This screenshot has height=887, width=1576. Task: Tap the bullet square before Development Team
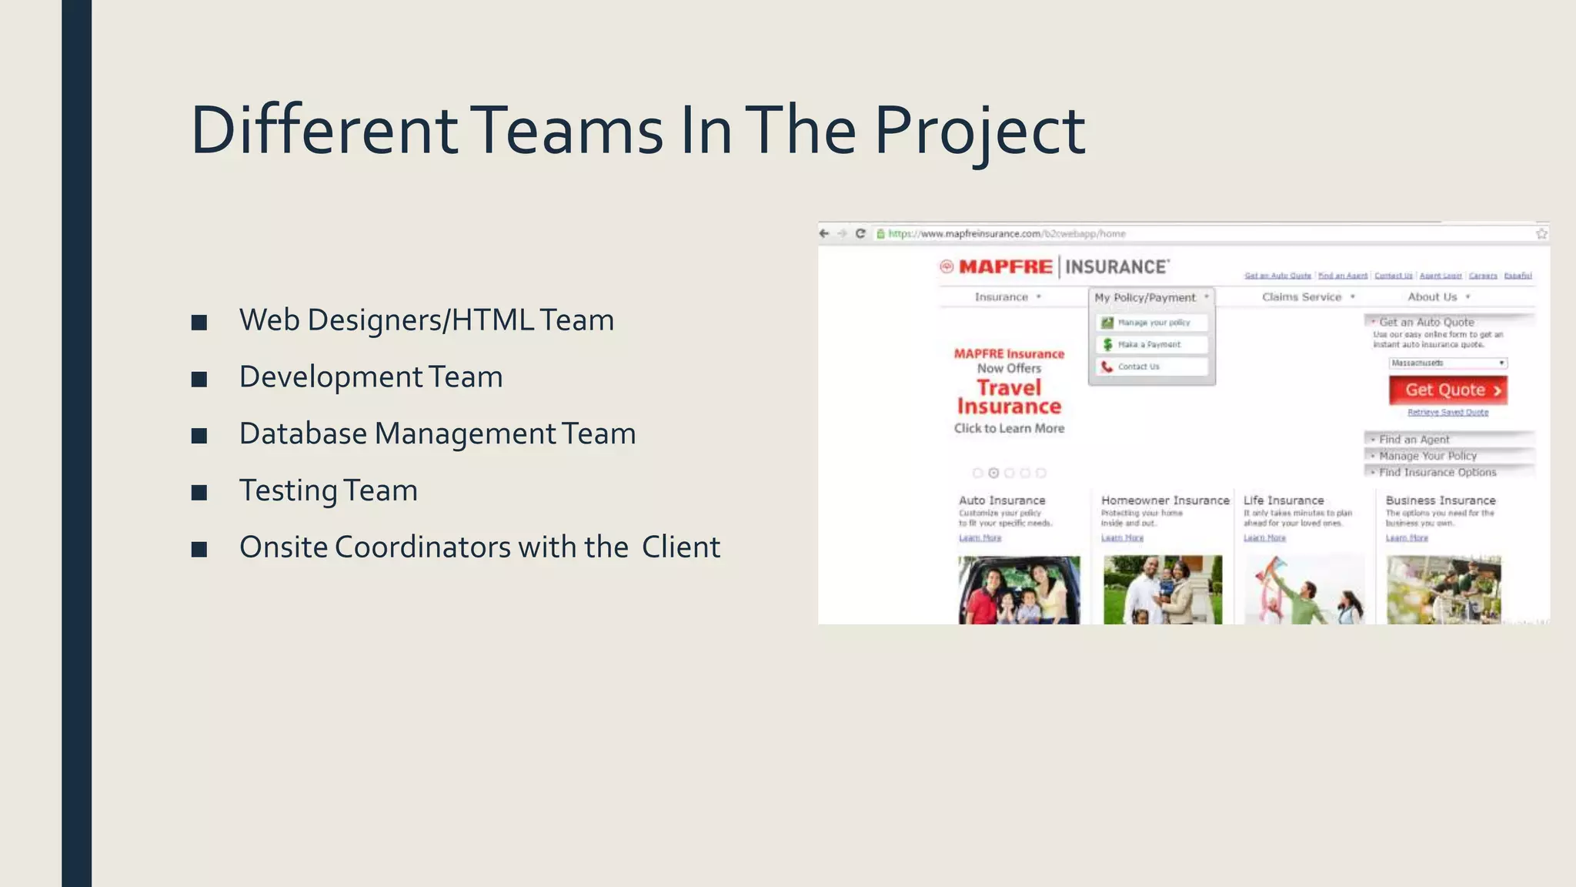coord(199,379)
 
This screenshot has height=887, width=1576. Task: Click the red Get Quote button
coord(1447,390)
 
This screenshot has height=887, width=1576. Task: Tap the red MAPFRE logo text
coord(1005,267)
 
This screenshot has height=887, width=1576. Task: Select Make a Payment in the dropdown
coord(1150,345)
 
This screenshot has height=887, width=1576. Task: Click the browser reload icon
coord(860,233)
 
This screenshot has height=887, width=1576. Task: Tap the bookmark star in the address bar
coord(1541,233)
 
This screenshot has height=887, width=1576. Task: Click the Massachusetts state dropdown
coord(1447,363)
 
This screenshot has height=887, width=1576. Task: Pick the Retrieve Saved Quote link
coord(1447,413)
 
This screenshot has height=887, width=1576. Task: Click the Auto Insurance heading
coord(1002,500)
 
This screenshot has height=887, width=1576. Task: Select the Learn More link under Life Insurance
coord(1264,538)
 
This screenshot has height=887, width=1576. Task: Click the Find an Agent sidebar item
coord(1414,440)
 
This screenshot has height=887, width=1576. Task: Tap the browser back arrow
coord(824,233)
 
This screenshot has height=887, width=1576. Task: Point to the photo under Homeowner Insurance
coord(1162,590)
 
